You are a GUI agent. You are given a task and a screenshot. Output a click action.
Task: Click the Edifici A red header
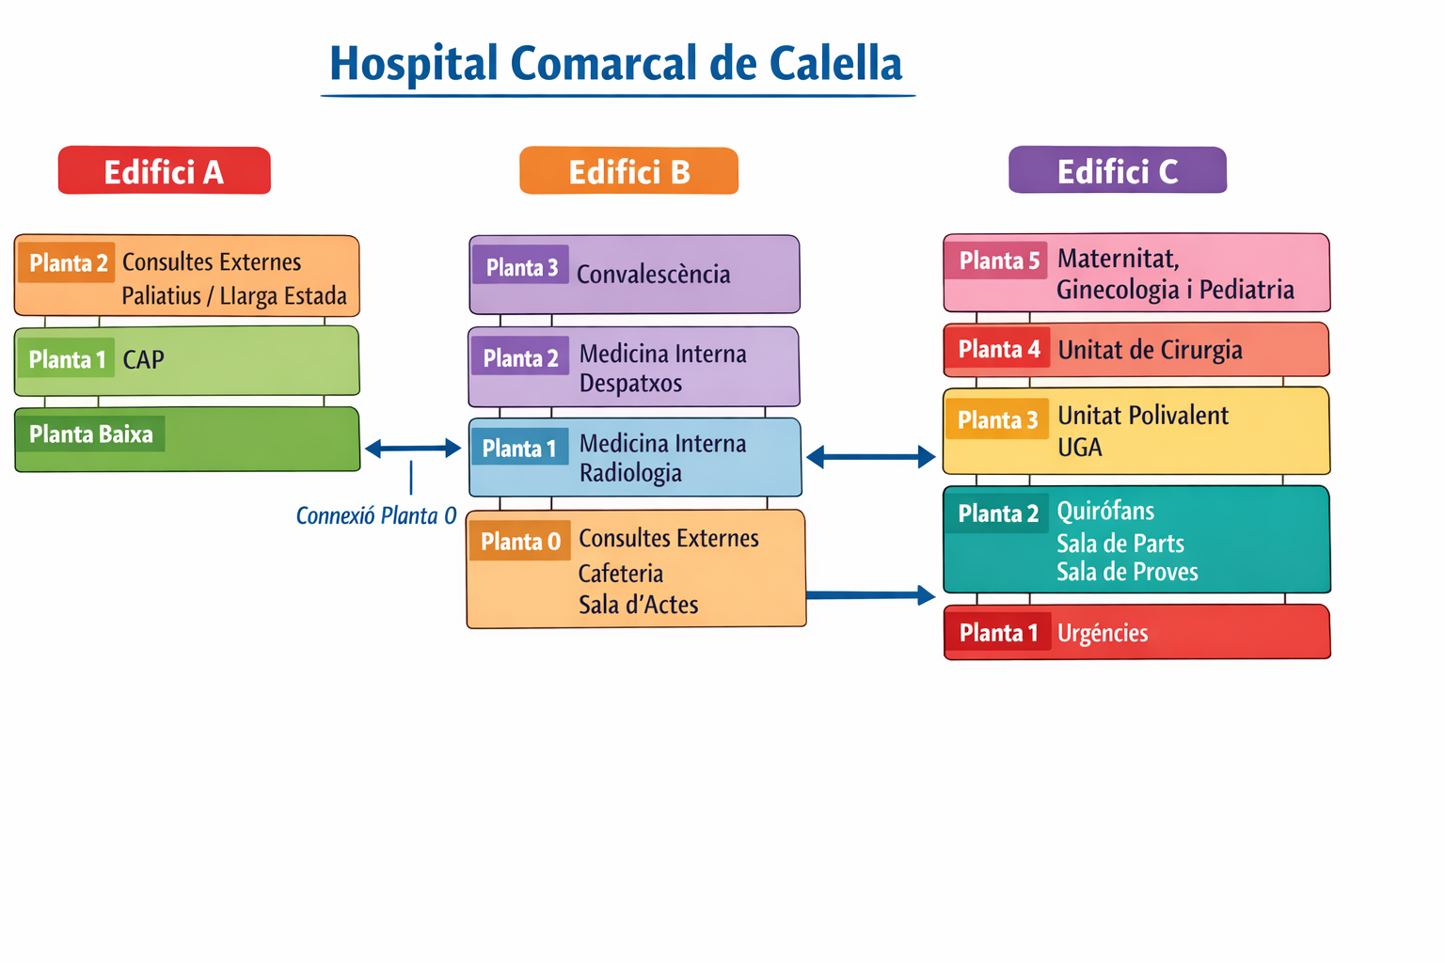[x=165, y=171]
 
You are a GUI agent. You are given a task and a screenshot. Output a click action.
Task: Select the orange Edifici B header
[x=628, y=171]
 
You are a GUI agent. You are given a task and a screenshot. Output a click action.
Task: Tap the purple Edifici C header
[x=1118, y=170]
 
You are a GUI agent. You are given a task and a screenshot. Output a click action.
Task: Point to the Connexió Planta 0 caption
[x=375, y=515]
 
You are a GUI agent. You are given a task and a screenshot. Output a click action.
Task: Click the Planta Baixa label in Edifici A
[x=90, y=434]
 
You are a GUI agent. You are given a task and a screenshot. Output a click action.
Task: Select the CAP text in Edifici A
[x=143, y=359]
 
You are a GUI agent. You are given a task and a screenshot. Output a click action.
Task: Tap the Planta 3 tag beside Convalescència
[x=521, y=267]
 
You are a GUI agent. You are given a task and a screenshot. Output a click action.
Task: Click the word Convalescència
[x=653, y=275]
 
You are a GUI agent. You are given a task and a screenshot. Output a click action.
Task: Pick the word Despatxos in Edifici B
[x=630, y=384]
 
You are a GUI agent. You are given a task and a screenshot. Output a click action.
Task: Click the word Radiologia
[x=630, y=473]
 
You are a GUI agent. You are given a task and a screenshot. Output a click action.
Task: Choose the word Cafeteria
[x=621, y=574]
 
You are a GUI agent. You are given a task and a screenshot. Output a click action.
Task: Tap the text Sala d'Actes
[x=638, y=605]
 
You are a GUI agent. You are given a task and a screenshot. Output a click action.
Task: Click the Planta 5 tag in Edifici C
[x=998, y=260]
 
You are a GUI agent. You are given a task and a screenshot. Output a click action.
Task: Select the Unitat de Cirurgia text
[x=1150, y=350]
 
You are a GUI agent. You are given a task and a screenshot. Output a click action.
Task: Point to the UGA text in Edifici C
[x=1079, y=448]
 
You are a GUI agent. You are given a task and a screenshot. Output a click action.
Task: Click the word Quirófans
[x=1105, y=512]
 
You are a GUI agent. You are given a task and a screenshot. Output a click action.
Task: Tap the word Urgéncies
[x=1103, y=633]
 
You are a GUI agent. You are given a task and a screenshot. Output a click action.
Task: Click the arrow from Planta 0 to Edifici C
[x=870, y=595]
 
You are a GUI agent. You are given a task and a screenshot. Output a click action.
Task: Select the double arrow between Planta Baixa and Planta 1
[x=413, y=449]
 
